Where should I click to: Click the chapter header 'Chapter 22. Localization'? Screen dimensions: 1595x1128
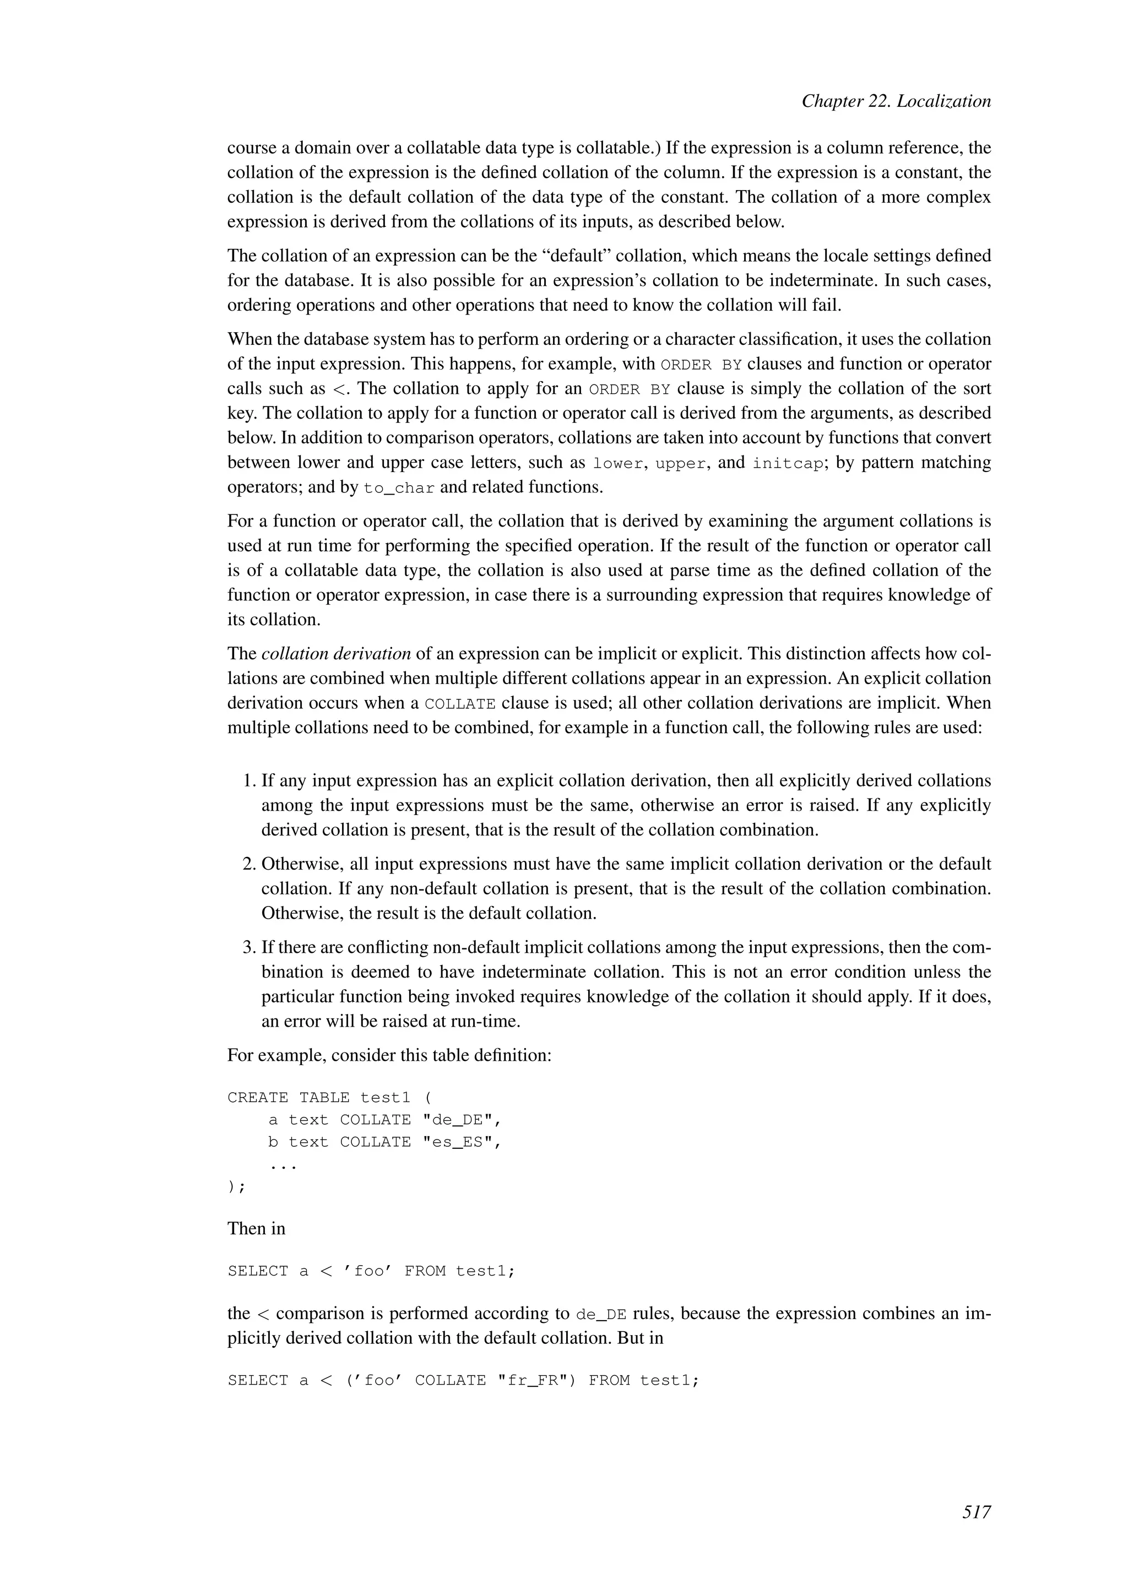point(896,101)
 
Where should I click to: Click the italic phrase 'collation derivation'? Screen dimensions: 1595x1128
point(336,654)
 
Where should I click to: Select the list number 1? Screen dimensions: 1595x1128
point(250,781)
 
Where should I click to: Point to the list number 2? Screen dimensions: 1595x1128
point(250,864)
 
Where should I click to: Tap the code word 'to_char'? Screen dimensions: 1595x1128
point(399,487)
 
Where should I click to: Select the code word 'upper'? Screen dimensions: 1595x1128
point(681,463)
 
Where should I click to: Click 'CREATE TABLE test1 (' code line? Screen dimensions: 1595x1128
point(329,1098)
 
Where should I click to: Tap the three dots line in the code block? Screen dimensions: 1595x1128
point(283,1165)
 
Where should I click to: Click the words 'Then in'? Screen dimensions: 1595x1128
point(256,1228)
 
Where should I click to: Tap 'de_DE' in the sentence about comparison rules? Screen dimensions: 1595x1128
point(601,1314)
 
